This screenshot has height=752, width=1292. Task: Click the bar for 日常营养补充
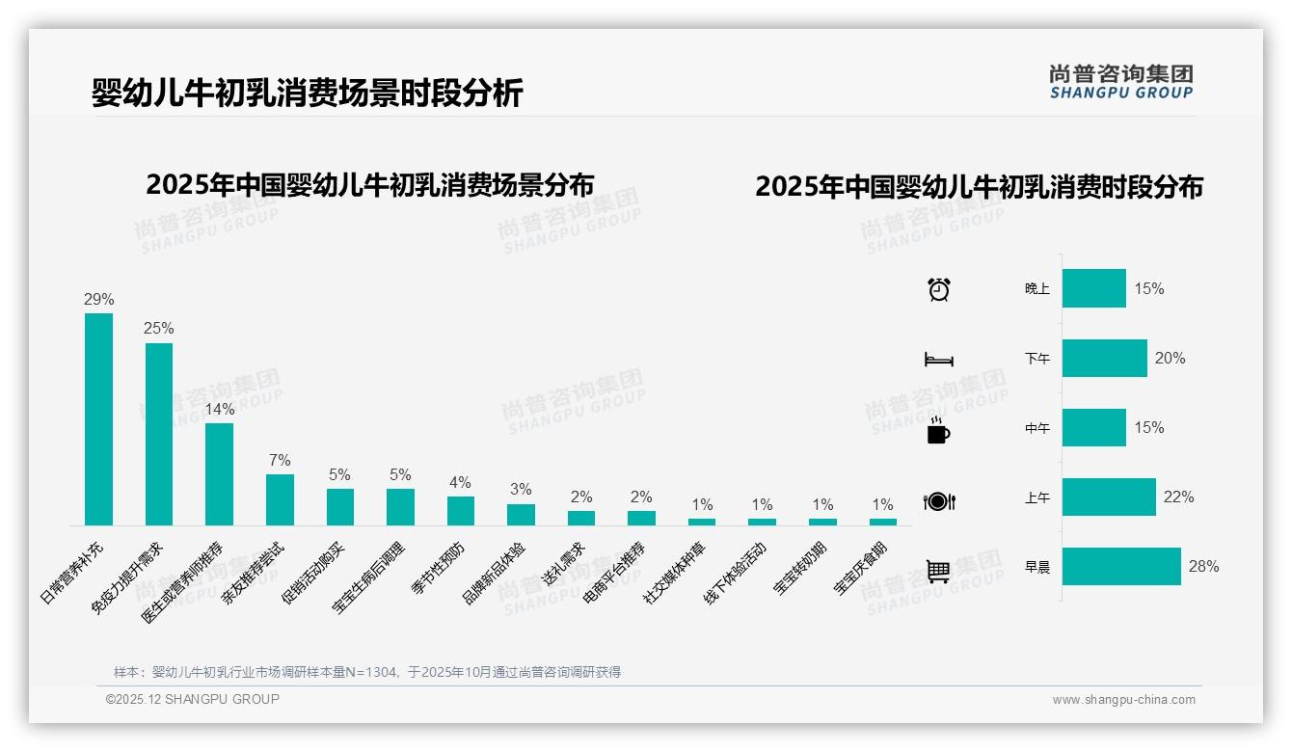(x=98, y=418)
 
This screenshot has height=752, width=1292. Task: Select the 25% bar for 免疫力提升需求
(x=159, y=434)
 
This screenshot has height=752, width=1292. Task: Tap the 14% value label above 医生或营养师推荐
(x=219, y=409)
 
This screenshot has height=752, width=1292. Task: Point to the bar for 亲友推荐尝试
(x=280, y=499)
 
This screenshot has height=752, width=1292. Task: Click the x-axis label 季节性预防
(x=440, y=568)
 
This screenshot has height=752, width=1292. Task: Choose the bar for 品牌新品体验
(x=521, y=515)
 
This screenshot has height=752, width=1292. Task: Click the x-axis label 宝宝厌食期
(x=861, y=569)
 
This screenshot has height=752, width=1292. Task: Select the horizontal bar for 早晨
(x=1121, y=566)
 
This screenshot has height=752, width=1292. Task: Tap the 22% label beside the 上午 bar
(x=1178, y=497)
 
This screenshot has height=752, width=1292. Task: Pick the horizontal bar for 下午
(x=1104, y=358)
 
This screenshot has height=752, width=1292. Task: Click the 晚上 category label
(x=1037, y=289)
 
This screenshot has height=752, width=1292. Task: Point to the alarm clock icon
(x=938, y=289)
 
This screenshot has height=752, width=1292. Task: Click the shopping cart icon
(x=938, y=571)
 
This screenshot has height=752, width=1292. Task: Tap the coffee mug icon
(x=938, y=431)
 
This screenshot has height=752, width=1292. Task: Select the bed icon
(x=938, y=360)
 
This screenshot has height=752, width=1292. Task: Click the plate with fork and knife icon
(x=938, y=501)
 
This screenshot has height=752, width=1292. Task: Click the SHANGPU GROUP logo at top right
(x=1120, y=81)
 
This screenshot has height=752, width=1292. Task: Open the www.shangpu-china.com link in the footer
(x=1123, y=700)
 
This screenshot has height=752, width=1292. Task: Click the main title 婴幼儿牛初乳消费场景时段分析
(x=307, y=94)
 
